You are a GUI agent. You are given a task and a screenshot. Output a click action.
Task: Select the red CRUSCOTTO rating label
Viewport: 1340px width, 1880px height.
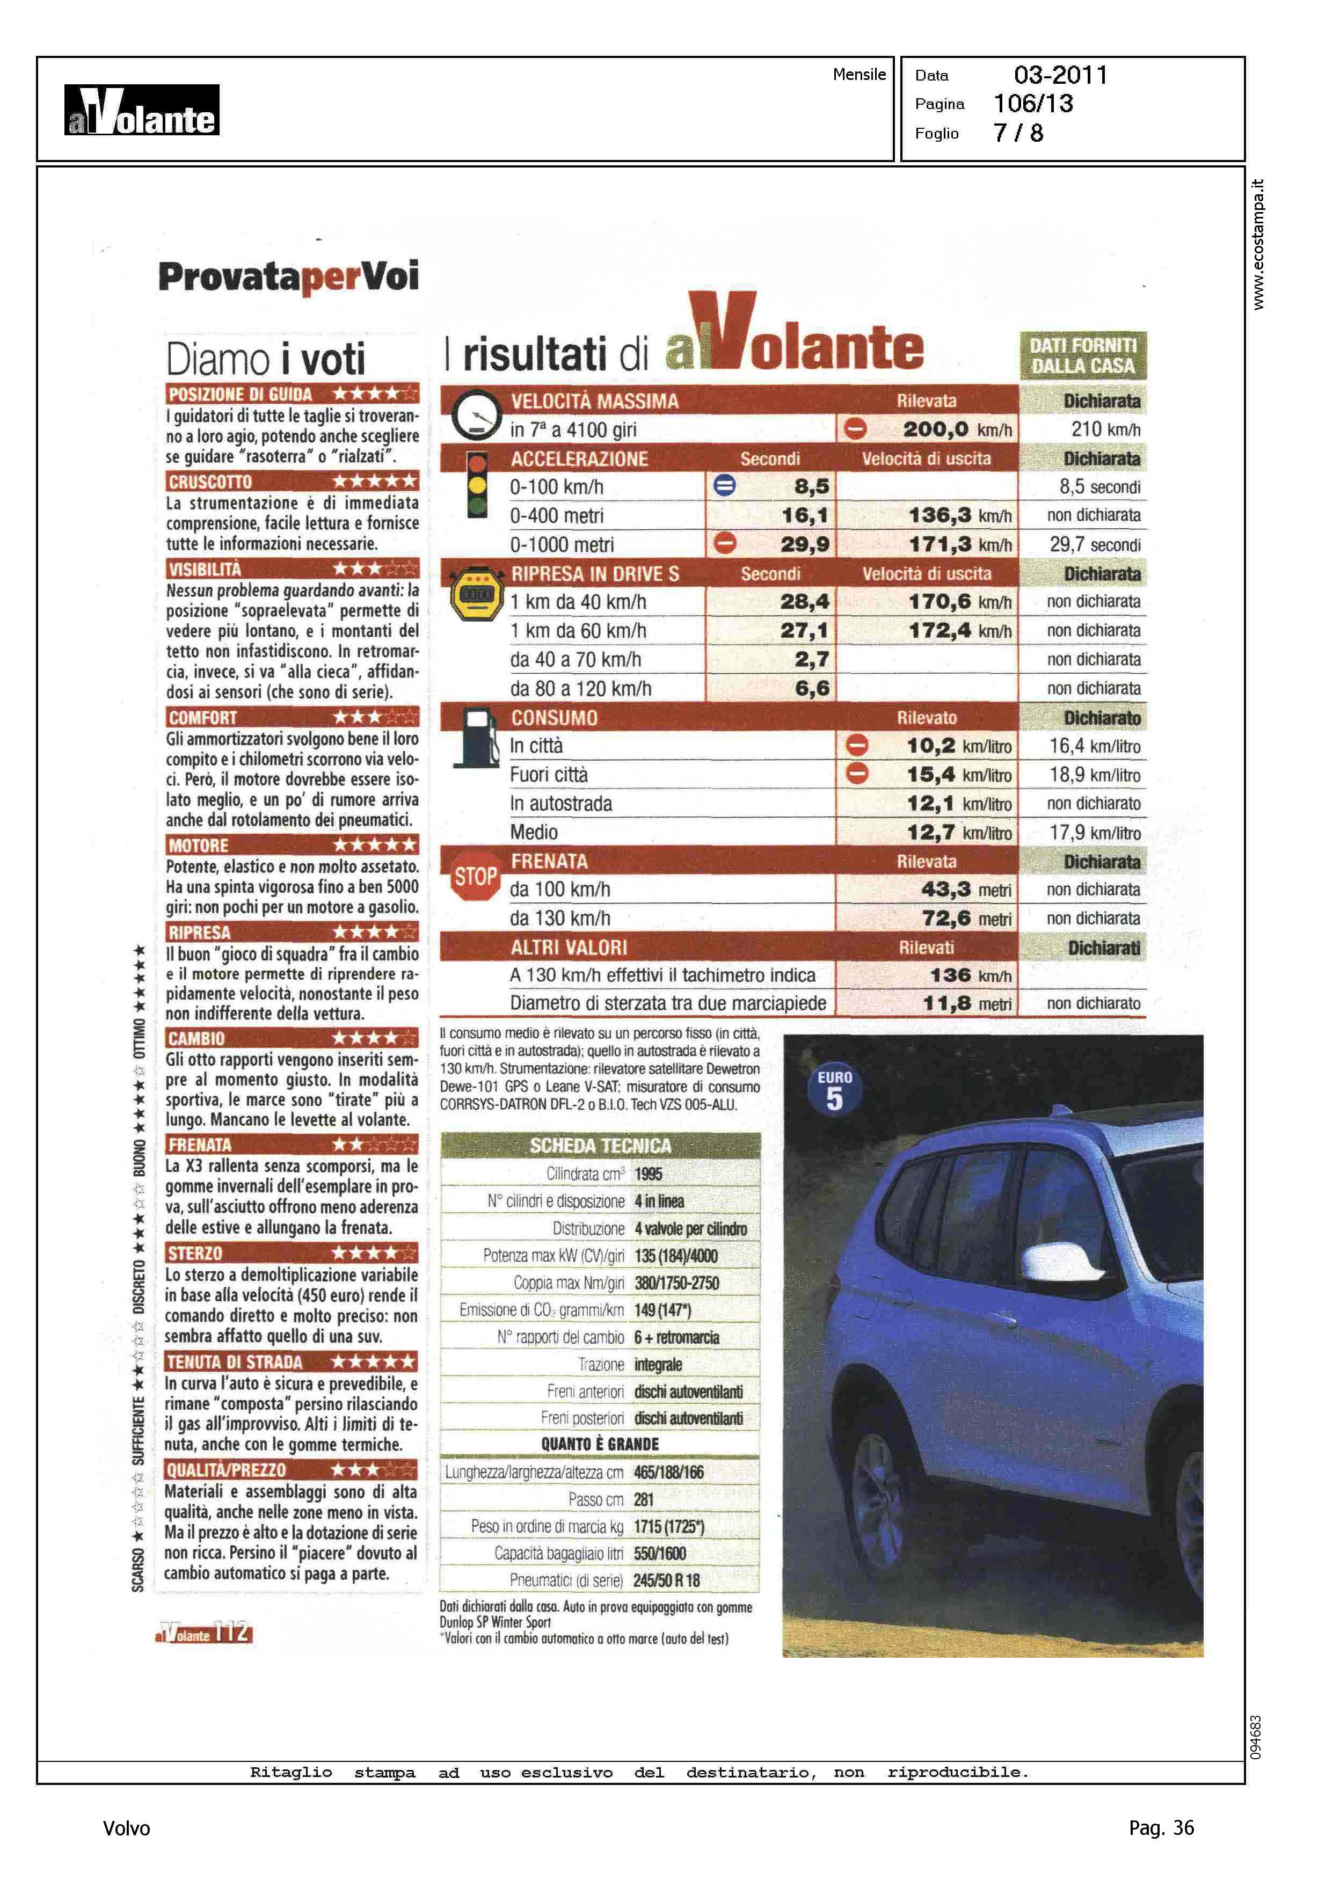(x=210, y=482)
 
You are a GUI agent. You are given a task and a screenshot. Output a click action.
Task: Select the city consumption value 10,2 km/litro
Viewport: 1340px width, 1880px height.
(x=958, y=746)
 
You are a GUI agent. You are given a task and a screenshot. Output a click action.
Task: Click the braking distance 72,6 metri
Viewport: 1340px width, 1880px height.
(x=965, y=918)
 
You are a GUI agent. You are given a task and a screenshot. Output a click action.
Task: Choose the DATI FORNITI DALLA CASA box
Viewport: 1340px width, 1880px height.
(x=1082, y=356)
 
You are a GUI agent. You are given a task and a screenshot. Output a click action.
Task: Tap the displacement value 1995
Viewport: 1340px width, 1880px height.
(x=649, y=1174)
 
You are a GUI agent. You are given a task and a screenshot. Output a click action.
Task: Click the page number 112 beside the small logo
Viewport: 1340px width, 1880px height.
(x=232, y=1631)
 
